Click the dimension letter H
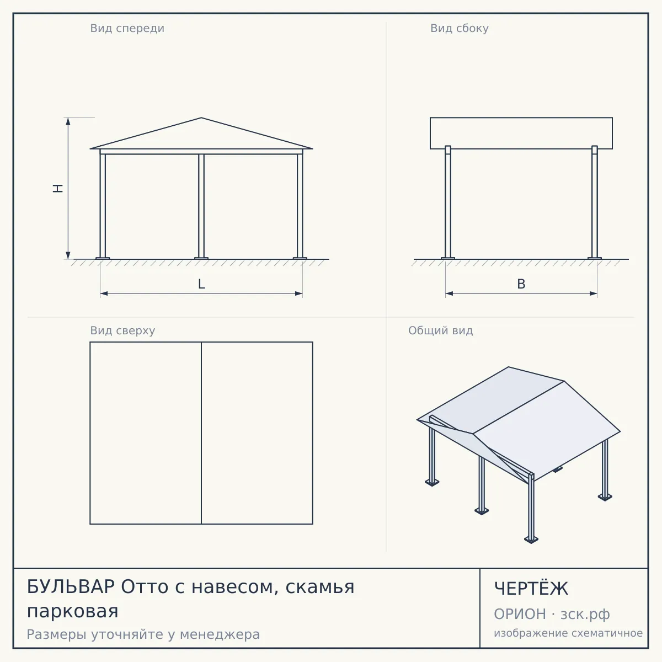click(x=58, y=188)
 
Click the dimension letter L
click(x=202, y=284)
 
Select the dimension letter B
click(x=521, y=284)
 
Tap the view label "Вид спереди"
click(x=127, y=28)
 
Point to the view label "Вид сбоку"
click(x=460, y=28)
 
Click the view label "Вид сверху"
click(x=122, y=330)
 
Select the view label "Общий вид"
click(x=440, y=330)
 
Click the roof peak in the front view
click(x=201, y=118)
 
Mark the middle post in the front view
click(x=201, y=206)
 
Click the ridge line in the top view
click(x=201, y=433)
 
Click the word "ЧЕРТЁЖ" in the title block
click(x=531, y=589)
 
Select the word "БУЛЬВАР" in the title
click(x=71, y=586)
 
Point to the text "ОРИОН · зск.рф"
click(x=552, y=614)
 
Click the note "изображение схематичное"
click(x=568, y=633)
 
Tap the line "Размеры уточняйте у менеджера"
click(x=143, y=634)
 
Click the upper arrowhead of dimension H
click(x=68, y=121)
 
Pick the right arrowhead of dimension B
click(x=593, y=293)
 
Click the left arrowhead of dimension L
click(x=104, y=293)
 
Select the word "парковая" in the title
click(x=72, y=612)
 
